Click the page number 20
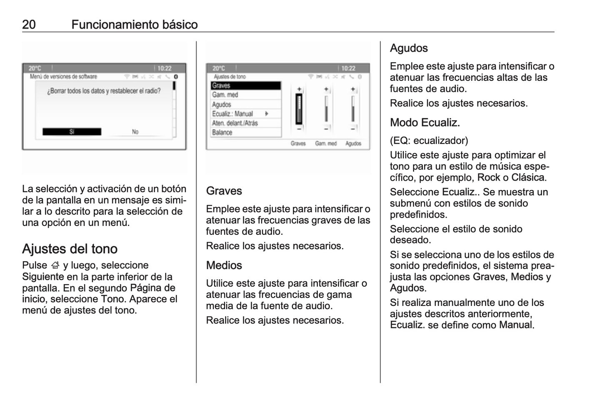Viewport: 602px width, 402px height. click(29, 25)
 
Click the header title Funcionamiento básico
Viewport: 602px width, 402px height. click(134, 25)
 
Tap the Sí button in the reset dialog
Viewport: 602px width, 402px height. click(72, 132)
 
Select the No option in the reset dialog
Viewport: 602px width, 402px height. click(135, 132)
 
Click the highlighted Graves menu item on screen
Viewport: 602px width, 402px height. click(245, 86)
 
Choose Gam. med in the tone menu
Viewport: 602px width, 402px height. click(245, 95)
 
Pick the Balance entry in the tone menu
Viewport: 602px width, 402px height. click(245, 132)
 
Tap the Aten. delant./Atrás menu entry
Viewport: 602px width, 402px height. click(245, 123)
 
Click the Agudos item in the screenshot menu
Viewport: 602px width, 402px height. click(245, 104)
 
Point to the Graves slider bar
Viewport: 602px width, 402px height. click(299, 109)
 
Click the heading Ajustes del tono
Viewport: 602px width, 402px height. click(70, 249)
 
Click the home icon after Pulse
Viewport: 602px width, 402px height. click(55, 266)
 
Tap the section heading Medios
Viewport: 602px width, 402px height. click(224, 266)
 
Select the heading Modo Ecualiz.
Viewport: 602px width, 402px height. click(425, 123)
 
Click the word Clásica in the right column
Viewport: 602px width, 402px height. click(528, 178)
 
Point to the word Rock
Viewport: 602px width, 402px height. click(488, 178)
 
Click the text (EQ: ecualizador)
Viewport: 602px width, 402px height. click(429, 141)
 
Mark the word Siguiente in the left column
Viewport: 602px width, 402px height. click(43, 277)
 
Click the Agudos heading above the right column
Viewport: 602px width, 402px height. click(409, 48)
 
